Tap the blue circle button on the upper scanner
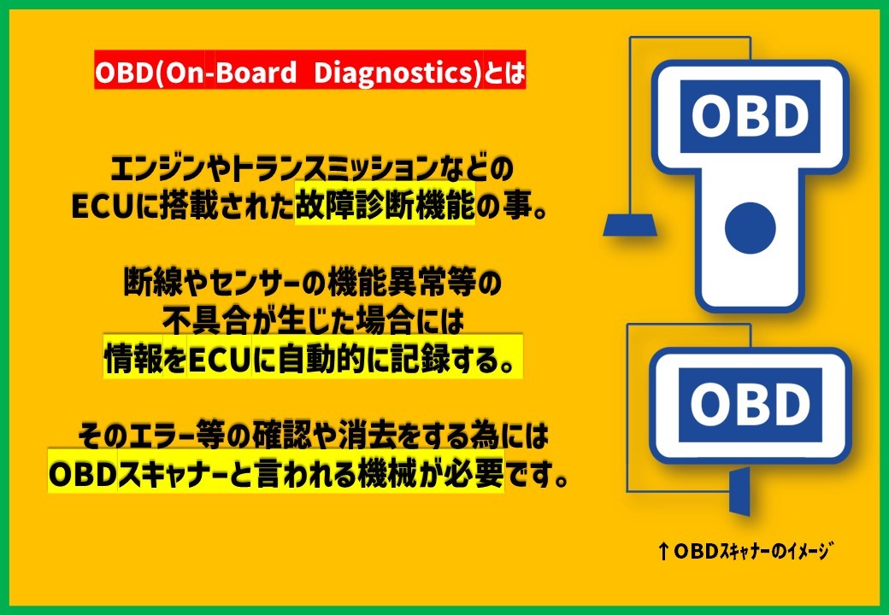coord(751,228)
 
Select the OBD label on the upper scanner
coord(750,117)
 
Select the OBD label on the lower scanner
coord(751,405)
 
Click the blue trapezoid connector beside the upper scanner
coord(630,225)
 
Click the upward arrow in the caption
coord(664,551)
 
